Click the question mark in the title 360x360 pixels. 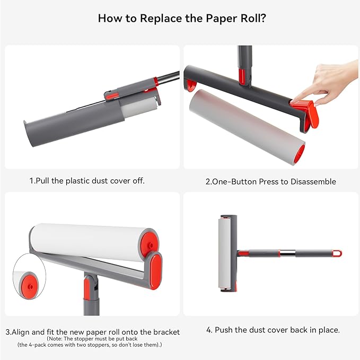pos(264,18)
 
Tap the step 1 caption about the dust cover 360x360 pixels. pos(87,181)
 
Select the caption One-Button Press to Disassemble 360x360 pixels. pos(270,181)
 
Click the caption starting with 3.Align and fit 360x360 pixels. pos(93,332)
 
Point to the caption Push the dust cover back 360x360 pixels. pos(273,330)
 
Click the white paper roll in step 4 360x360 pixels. pos(226,253)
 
